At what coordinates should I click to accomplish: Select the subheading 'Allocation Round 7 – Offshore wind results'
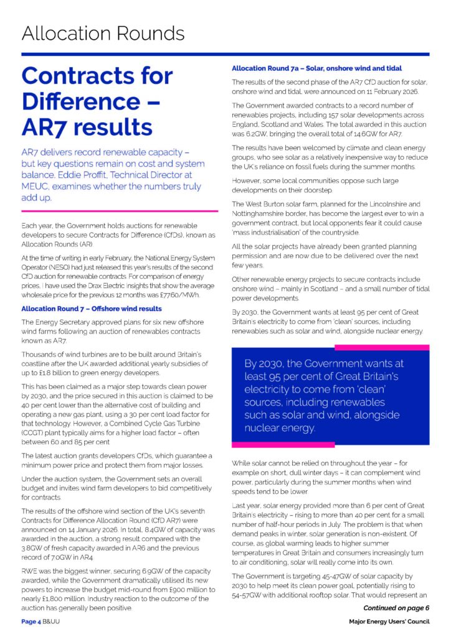92,309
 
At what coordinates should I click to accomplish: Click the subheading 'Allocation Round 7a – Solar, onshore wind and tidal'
316,67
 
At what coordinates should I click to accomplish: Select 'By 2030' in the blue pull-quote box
265,363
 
